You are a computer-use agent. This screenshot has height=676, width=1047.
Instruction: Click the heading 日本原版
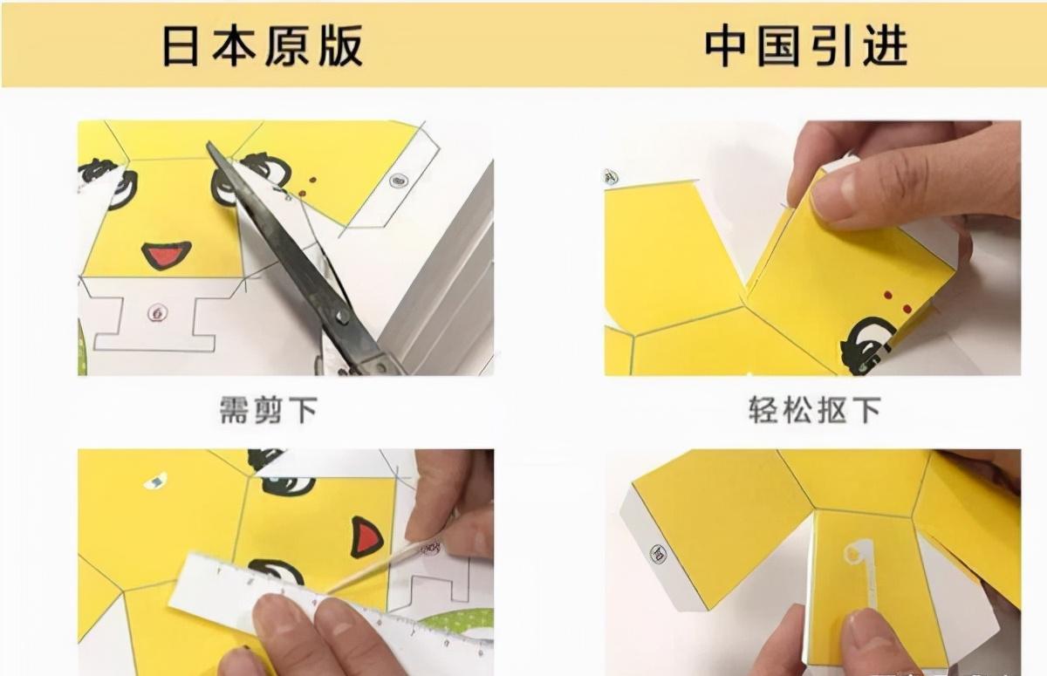[x=263, y=45]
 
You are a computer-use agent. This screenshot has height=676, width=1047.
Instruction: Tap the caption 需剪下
[x=269, y=410]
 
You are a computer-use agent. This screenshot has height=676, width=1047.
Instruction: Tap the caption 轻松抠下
[x=815, y=410]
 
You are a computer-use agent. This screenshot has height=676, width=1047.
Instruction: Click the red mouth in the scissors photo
[x=166, y=255]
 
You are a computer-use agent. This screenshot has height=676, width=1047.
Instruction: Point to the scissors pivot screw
[x=343, y=316]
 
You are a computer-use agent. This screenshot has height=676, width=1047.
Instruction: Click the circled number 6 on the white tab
[x=158, y=312]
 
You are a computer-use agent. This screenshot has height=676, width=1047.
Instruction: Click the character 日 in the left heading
[x=180, y=45]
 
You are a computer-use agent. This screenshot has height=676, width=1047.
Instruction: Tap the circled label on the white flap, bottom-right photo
[x=658, y=555]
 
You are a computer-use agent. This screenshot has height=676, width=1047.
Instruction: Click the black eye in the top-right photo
[x=868, y=345]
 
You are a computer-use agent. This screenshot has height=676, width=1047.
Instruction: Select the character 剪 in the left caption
[x=269, y=410]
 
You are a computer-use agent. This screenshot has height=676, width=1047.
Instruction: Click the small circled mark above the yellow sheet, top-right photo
[x=611, y=177]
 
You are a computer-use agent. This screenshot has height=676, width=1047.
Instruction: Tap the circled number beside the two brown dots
[x=398, y=180]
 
